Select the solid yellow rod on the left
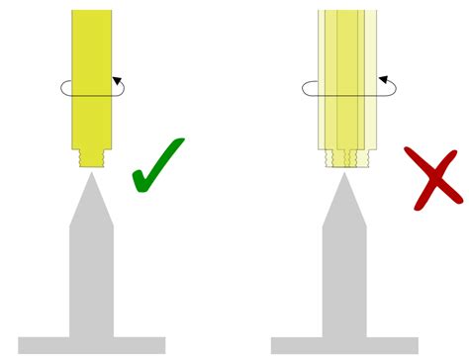[92, 59]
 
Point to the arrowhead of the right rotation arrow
[381, 79]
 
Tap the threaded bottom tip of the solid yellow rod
[92, 156]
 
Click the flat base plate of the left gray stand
[92, 345]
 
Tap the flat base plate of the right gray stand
[344, 345]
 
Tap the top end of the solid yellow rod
[92, 14]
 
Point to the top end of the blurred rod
[347, 14]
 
